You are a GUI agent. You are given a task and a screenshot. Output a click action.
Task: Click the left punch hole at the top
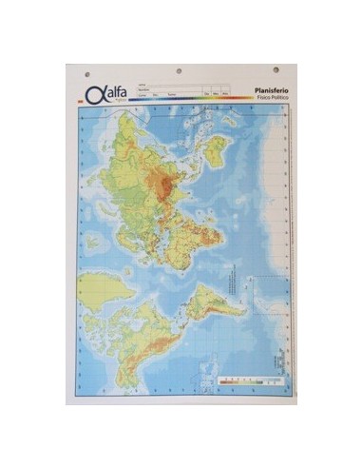pyautogui.click(x=86, y=72)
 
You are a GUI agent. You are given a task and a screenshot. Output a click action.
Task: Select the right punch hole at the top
pyautogui.click(x=276, y=70)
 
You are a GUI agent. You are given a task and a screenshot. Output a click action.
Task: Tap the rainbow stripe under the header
pyautogui.click(x=181, y=102)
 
